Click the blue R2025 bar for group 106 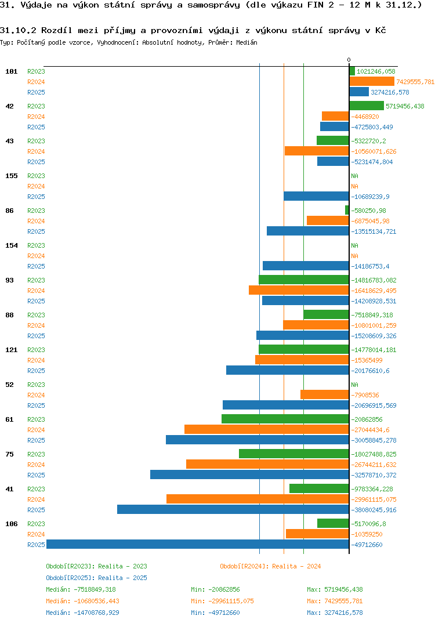tap(197, 544)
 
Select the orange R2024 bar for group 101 tap(372, 82)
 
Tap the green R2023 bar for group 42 tap(367, 106)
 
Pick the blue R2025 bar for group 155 tap(316, 196)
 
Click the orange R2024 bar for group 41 tap(258, 499)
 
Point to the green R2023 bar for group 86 tap(347, 210)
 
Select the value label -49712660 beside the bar tap(367, 545)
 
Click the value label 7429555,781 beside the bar tap(415, 82)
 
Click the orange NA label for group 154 tap(354, 256)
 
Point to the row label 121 tap(11, 350)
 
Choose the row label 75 tap(9, 454)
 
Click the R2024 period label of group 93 tap(36, 291)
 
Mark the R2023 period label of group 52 tap(36, 385)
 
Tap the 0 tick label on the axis tap(349, 60)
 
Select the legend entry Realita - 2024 tap(270, 566)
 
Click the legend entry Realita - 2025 tap(96, 578)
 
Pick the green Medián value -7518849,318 tap(81, 589)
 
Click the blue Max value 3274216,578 tap(335, 613)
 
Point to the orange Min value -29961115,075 tap(222, 601)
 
